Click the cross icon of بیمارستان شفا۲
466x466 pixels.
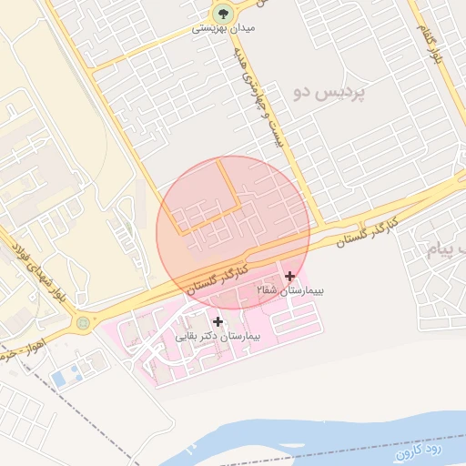click(x=290, y=276)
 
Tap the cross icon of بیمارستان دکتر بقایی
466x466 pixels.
click(x=218, y=321)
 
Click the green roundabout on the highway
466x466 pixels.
click(x=84, y=322)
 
